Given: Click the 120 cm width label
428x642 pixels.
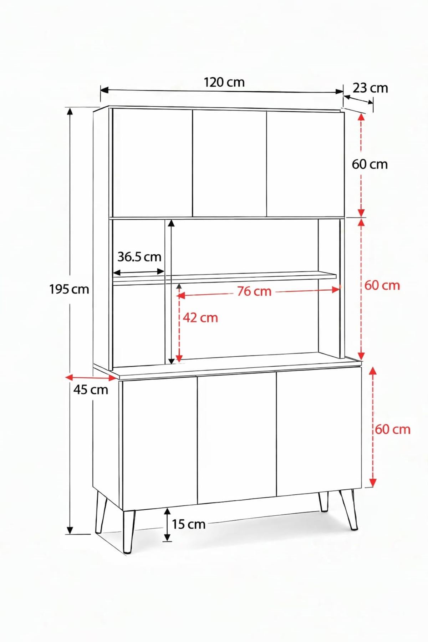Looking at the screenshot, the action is coord(224,82).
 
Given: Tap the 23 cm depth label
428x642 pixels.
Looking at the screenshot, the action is coord(370,88).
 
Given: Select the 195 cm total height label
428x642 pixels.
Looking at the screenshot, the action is coord(69,289).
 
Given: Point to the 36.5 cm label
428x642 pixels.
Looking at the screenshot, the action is coord(139,256).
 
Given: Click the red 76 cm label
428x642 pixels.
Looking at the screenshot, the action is coord(254,291).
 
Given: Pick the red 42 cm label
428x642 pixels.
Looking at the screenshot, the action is coord(200,317).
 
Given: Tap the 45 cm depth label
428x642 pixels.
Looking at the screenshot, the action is coord(91,390).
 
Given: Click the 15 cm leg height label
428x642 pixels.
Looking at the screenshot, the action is coord(189,524).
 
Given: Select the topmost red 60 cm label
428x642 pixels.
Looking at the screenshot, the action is coord(382,285).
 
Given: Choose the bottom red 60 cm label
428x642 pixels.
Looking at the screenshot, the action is coord(393,429).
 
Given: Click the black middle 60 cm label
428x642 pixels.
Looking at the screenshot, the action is coord(370,164).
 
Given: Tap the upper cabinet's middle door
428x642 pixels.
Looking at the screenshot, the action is coord(230,163).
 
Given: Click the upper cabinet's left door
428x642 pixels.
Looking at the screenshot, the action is coord(152,162).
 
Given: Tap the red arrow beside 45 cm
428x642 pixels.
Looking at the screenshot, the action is coord(91,378).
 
